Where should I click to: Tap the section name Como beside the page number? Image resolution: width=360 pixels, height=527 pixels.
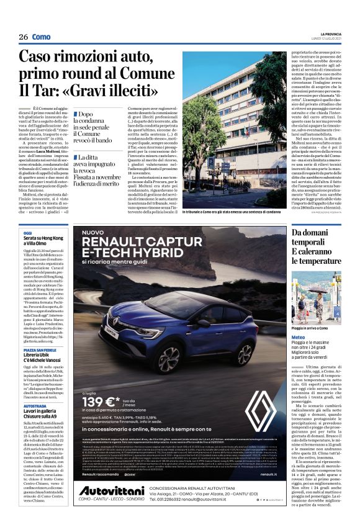(x=42, y=37)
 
